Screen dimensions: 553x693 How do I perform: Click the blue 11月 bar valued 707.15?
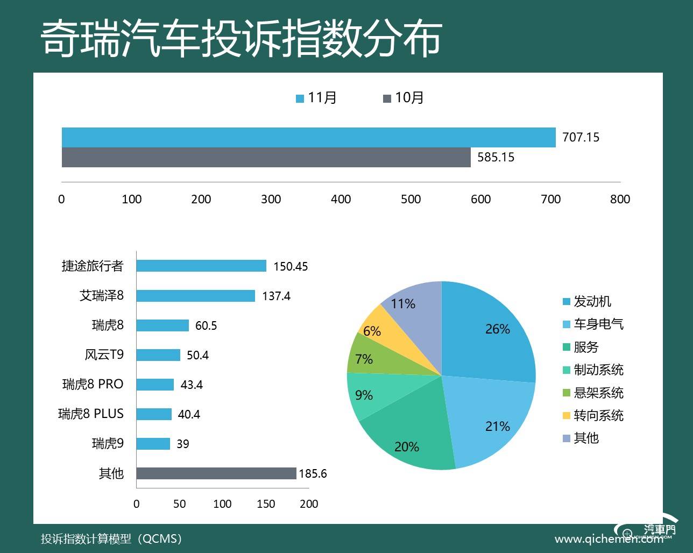click(x=308, y=137)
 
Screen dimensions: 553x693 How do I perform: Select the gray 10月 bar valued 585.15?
click(x=266, y=157)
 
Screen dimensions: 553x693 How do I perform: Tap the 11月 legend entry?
click(x=316, y=98)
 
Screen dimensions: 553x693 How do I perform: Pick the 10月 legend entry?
click(x=404, y=98)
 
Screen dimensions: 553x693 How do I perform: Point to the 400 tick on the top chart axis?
click(x=341, y=199)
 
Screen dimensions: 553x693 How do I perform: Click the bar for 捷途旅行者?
click(x=201, y=266)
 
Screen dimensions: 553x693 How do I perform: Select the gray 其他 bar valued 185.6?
click(x=216, y=473)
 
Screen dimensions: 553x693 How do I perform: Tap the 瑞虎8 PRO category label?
click(x=93, y=384)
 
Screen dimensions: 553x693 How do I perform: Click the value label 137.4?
click(x=276, y=296)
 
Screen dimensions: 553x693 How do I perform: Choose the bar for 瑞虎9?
click(x=153, y=444)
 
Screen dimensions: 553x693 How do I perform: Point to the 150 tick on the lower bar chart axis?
click(x=266, y=504)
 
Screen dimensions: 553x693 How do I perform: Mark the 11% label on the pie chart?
click(x=403, y=304)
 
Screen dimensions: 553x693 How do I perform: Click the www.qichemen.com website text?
click(x=608, y=538)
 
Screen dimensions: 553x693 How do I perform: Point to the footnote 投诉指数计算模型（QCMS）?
click(x=111, y=538)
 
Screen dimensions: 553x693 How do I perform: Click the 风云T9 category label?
click(x=104, y=355)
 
